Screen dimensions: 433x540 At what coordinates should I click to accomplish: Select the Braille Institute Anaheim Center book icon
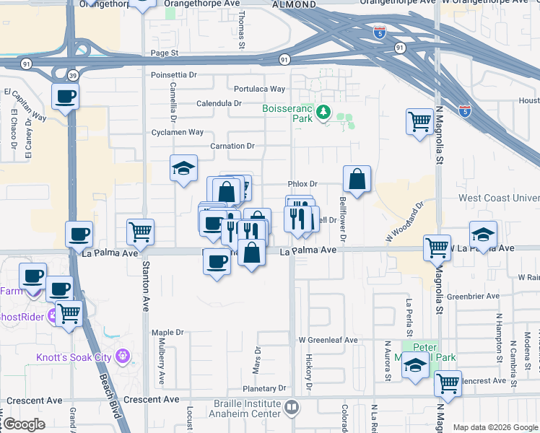pyautogui.click(x=291, y=408)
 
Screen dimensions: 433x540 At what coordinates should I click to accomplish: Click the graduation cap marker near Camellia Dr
pyautogui.click(x=184, y=169)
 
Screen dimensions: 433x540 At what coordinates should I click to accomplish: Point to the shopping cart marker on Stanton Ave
pyautogui.click(x=140, y=232)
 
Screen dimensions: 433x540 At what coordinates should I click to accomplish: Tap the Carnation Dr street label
pyautogui.click(x=232, y=146)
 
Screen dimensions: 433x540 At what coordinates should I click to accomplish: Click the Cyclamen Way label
pyautogui.click(x=177, y=132)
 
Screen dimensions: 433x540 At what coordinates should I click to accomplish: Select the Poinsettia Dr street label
pyautogui.click(x=174, y=74)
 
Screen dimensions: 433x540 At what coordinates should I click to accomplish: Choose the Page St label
pyautogui.click(x=164, y=53)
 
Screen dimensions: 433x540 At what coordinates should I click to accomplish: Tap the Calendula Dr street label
pyautogui.click(x=219, y=103)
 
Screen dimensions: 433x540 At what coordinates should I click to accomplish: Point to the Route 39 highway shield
pyautogui.click(x=73, y=76)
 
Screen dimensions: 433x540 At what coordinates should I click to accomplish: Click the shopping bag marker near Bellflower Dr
pyautogui.click(x=357, y=178)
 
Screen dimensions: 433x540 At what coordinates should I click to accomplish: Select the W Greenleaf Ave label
pyautogui.click(x=328, y=339)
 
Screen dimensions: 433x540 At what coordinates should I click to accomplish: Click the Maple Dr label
pyautogui.click(x=167, y=333)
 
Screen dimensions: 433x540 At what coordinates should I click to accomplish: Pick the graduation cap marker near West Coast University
pyautogui.click(x=483, y=234)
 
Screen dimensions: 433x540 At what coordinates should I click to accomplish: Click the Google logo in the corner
pyautogui.click(x=24, y=424)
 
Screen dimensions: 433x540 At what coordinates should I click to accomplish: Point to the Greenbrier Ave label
pyautogui.click(x=473, y=296)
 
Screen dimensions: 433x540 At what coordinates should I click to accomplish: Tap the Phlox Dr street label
pyautogui.click(x=302, y=184)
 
